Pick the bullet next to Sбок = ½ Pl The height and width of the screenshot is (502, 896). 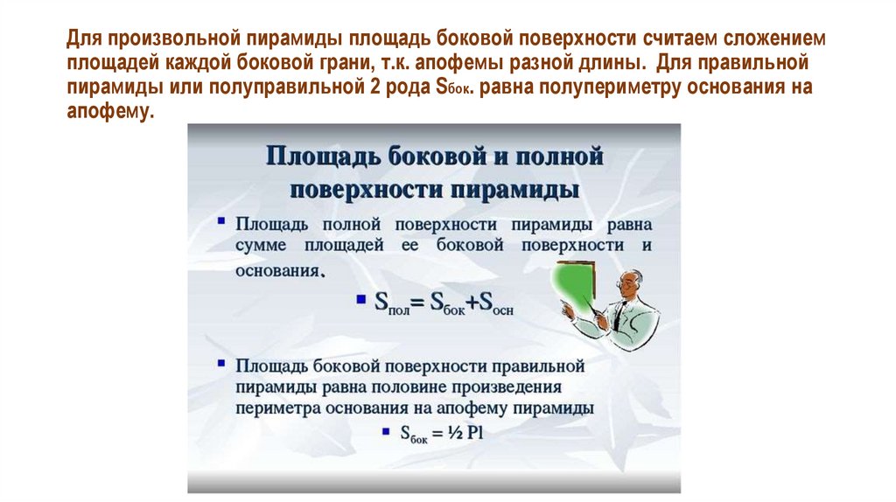pyautogui.click(x=386, y=431)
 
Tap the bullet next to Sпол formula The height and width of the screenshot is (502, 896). pyautogui.click(x=360, y=302)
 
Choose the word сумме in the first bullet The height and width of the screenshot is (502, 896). pyautogui.click(x=262, y=247)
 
